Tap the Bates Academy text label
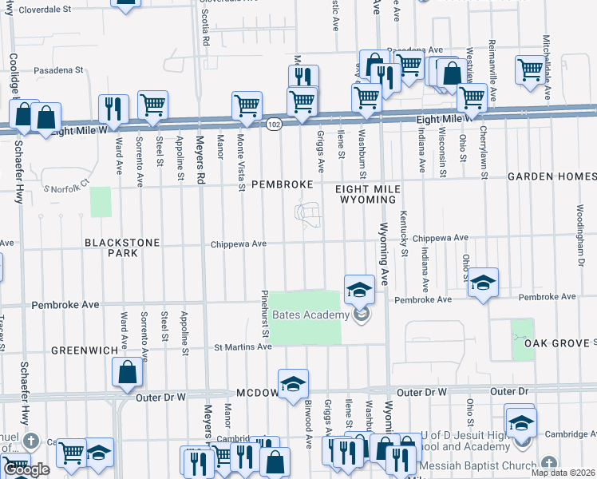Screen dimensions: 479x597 [x=310, y=315]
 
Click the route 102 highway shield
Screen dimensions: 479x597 [x=274, y=125]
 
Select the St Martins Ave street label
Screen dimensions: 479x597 [x=243, y=346]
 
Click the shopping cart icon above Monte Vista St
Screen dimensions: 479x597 [x=247, y=105]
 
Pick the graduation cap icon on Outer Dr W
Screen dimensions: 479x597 [x=293, y=383]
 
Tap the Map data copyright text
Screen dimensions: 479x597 [x=563, y=473]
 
